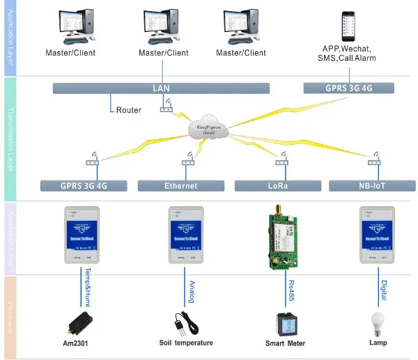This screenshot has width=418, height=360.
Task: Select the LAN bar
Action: click(162, 88)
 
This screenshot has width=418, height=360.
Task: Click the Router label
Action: click(129, 109)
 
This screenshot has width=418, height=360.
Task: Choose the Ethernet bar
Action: click(180, 186)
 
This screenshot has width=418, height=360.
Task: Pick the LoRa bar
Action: click(277, 186)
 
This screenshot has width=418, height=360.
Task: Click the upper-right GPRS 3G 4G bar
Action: click(348, 88)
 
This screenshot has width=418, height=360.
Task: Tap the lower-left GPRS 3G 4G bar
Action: click(84, 186)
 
